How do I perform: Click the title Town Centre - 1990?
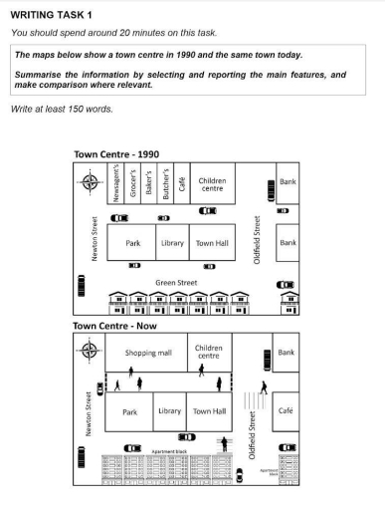[x=117, y=153]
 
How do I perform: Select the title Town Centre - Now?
[x=114, y=326]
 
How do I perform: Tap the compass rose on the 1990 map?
[x=91, y=180]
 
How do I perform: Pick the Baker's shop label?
[x=147, y=185]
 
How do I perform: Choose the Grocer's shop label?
[x=132, y=185]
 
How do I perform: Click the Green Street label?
[x=177, y=282]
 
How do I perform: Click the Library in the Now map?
[x=170, y=410]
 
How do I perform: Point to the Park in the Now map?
[x=129, y=410]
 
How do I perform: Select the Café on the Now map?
[x=287, y=409]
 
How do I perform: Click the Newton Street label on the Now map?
[x=89, y=412]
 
